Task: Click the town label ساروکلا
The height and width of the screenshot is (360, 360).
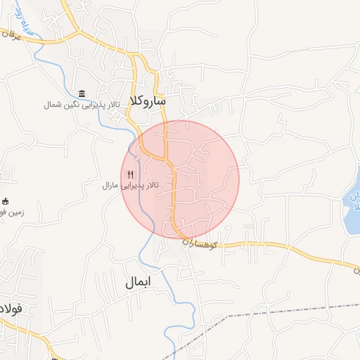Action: pos(148,101)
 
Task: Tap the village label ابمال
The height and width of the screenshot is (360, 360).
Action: pos(138,283)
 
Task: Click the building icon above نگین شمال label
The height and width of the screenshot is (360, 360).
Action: pos(83,94)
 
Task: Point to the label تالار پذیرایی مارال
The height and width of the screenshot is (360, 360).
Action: pos(131,185)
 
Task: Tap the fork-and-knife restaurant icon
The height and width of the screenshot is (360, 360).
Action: pos(130,174)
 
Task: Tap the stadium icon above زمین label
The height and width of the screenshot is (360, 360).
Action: pos(6,201)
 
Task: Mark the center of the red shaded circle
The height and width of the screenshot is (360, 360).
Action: pos(180,179)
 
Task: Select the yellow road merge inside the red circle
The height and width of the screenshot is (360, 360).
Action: pos(167,158)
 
